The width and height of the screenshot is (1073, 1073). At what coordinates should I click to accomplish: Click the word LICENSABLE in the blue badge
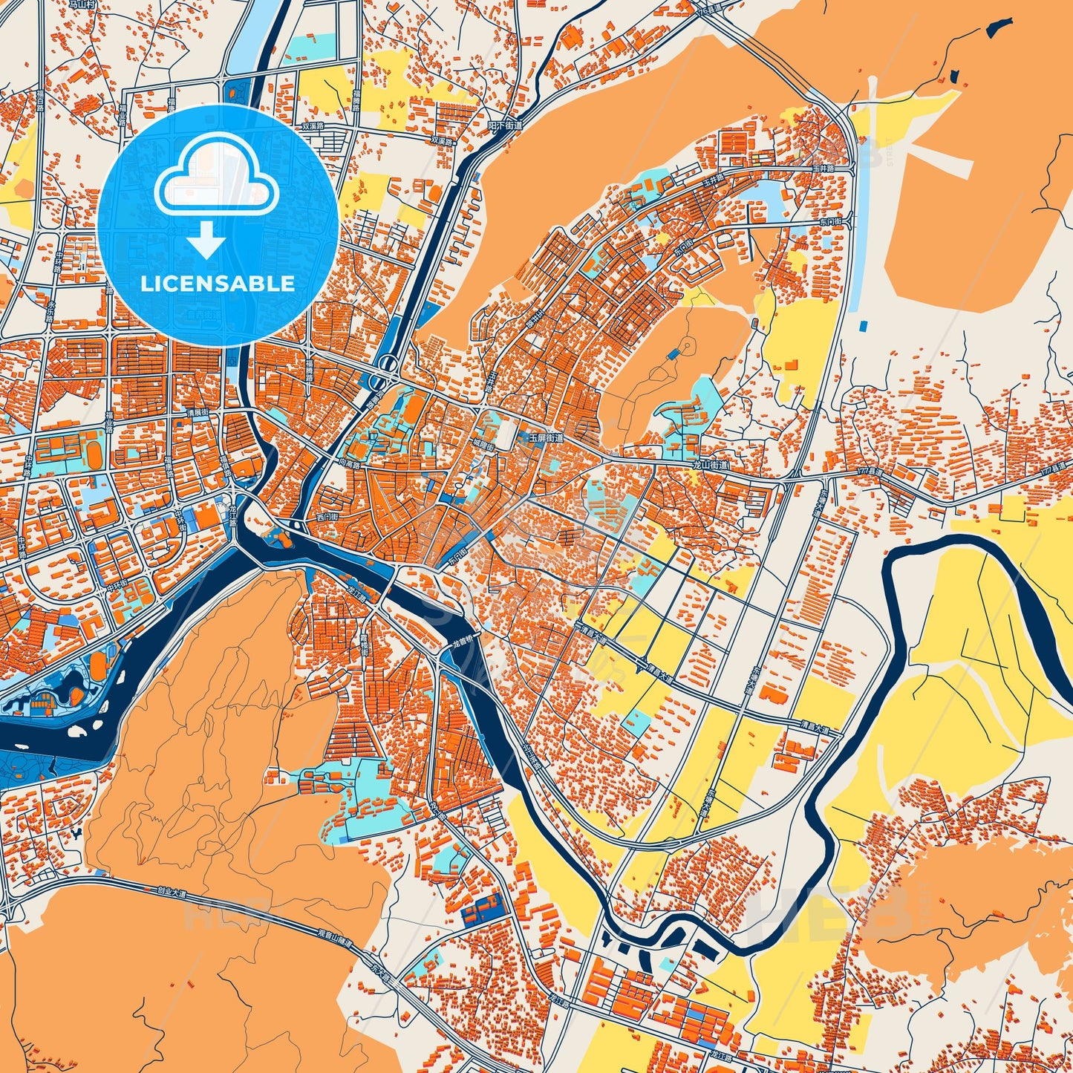tap(218, 284)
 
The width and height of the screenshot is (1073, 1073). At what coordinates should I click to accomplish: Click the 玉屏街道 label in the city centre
tap(546, 438)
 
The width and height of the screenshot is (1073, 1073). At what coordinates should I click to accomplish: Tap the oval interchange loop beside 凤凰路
tap(386, 364)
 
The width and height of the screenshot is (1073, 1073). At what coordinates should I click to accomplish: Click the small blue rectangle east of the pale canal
tap(864, 325)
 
